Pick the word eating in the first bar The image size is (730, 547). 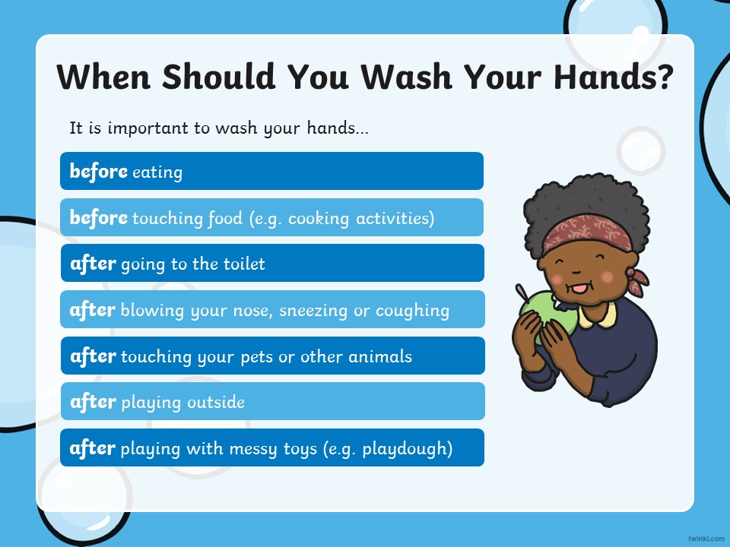coord(157,172)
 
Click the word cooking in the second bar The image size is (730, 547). coord(319,219)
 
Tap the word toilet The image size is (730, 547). coord(244,264)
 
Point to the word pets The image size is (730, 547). coord(256,357)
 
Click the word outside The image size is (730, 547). coord(216,402)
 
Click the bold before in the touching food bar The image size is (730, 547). coord(98,217)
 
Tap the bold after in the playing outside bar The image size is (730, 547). coord(93,401)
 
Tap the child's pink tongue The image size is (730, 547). coord(579,289)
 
